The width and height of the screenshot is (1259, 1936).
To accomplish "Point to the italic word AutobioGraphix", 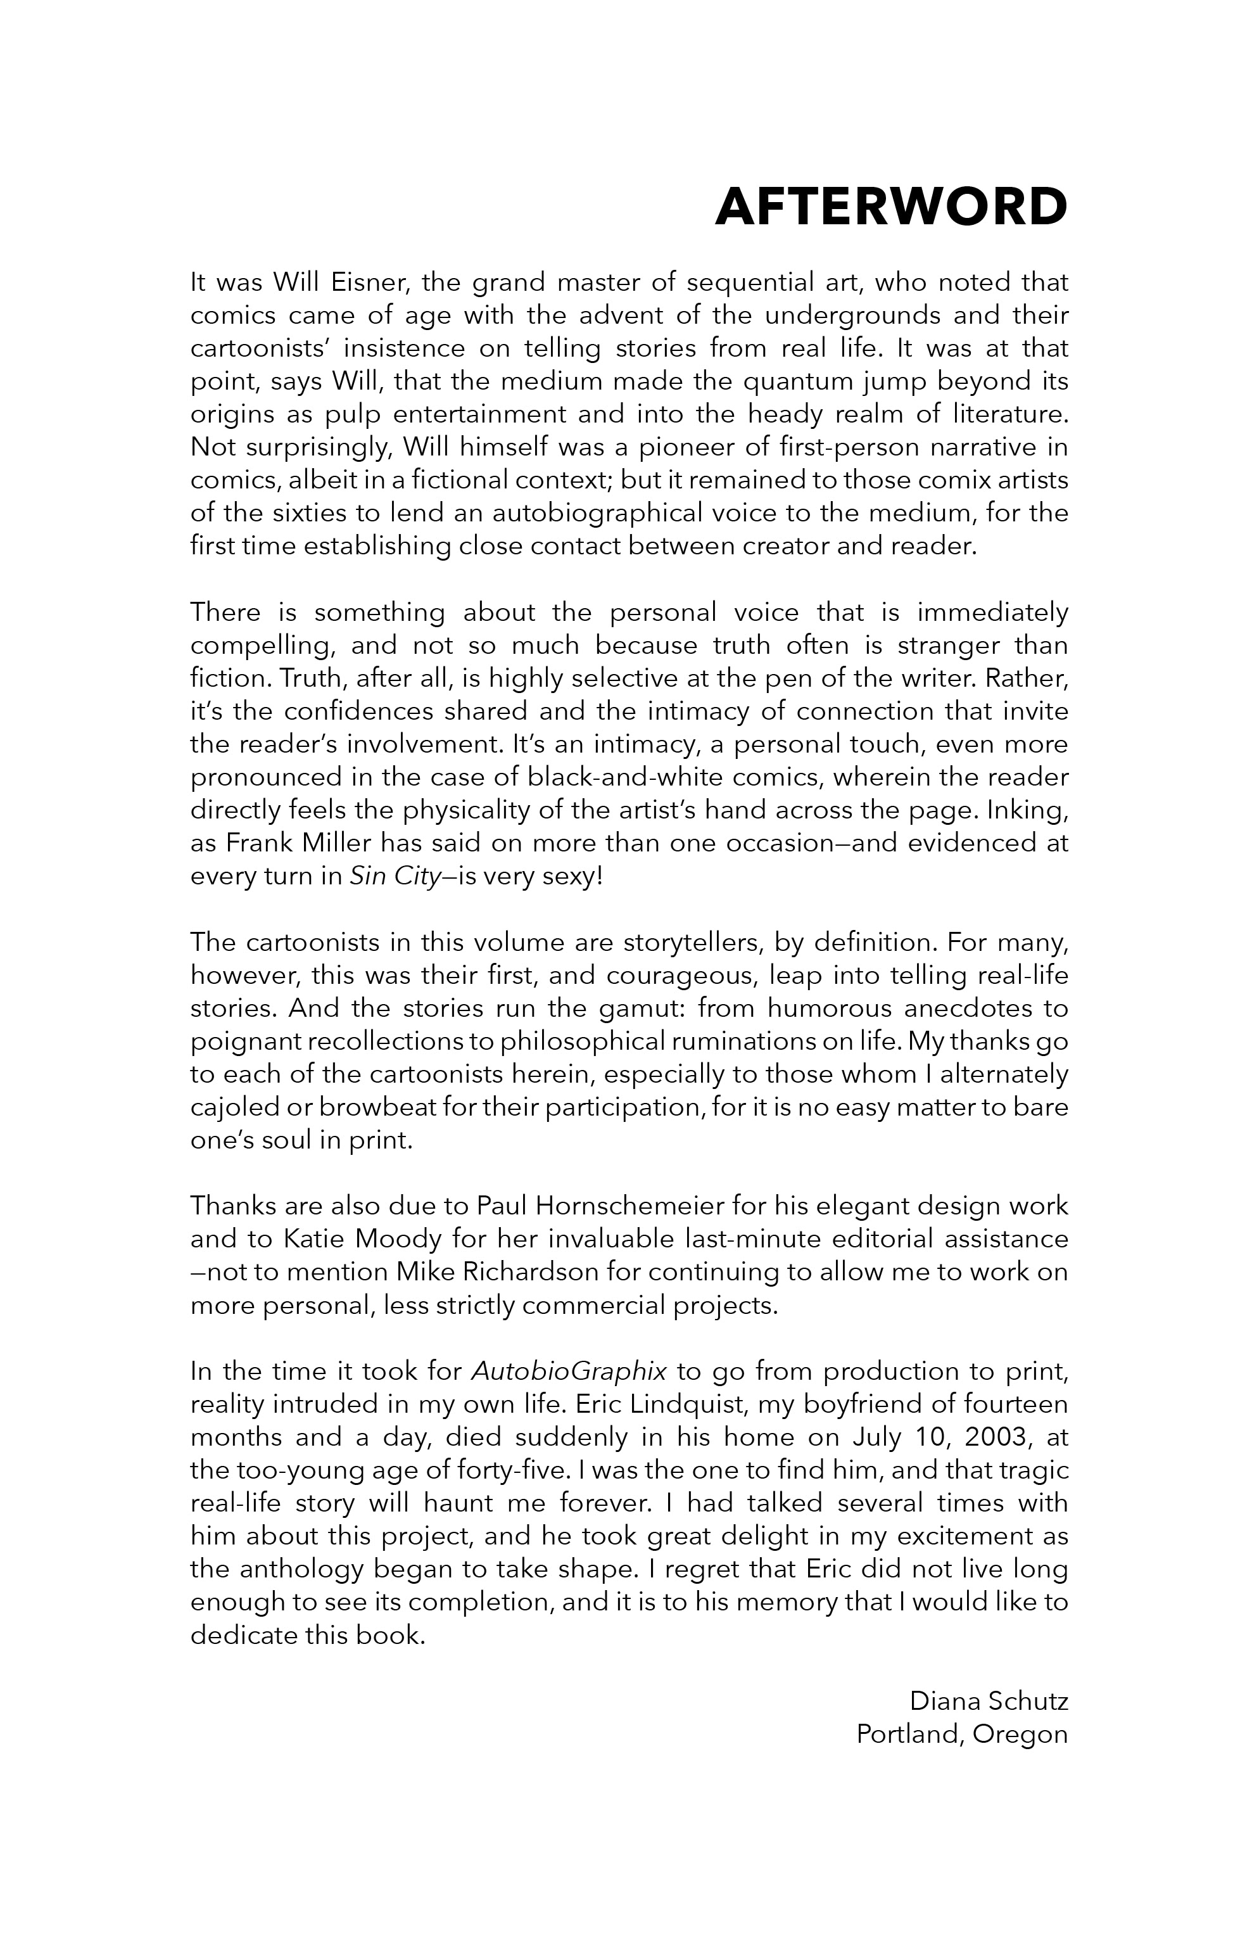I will [569, 1372].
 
